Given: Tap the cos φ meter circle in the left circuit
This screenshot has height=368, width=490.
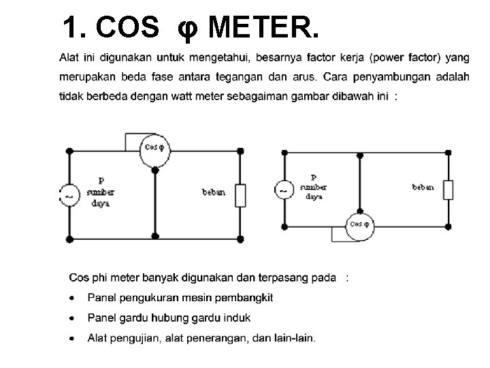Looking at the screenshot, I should tap(154, 150).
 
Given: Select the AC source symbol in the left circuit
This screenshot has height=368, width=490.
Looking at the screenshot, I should tap(68, 196).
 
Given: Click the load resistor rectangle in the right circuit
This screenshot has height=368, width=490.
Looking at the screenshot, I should tap(448, 189).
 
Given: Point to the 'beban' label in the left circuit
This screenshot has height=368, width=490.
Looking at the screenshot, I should tap(213, 192).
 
